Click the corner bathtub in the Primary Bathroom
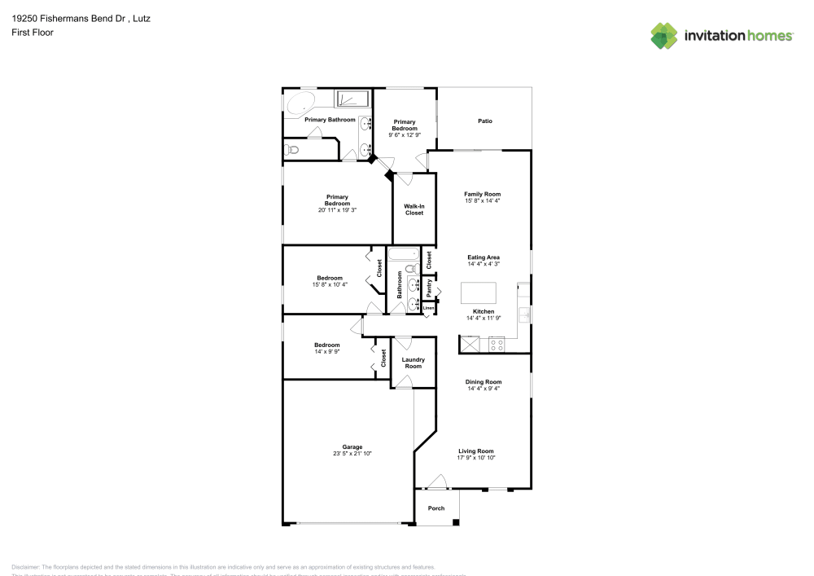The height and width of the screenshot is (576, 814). tap(300, 103)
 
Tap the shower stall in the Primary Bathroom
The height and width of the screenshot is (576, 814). tap(352, 99)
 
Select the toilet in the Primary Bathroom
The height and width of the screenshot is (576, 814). tap(292, 149)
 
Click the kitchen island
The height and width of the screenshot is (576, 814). tap(479, 292)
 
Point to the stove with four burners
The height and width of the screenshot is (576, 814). tap(495, 345)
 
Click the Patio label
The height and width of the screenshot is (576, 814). tap(484, 121)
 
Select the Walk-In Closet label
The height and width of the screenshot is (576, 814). tap(414, 209)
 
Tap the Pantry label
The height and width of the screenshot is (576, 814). tap(429, 288)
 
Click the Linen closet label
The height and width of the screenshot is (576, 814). tap(428, 308)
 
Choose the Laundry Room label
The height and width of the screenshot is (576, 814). tap(414, 363)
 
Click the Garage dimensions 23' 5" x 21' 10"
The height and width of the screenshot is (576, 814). tap(352, 453)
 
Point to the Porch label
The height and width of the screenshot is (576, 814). tap(436, 508)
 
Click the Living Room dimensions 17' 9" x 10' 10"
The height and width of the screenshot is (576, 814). tap(476, 458)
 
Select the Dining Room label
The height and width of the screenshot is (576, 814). tap(484, 381)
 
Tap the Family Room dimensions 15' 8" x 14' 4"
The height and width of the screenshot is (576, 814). tap(484, 200)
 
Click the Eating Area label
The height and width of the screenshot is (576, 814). tap(484, 257)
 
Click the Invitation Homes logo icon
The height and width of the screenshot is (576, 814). tap(663, 35)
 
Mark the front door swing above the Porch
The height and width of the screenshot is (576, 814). tap(438, 481)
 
